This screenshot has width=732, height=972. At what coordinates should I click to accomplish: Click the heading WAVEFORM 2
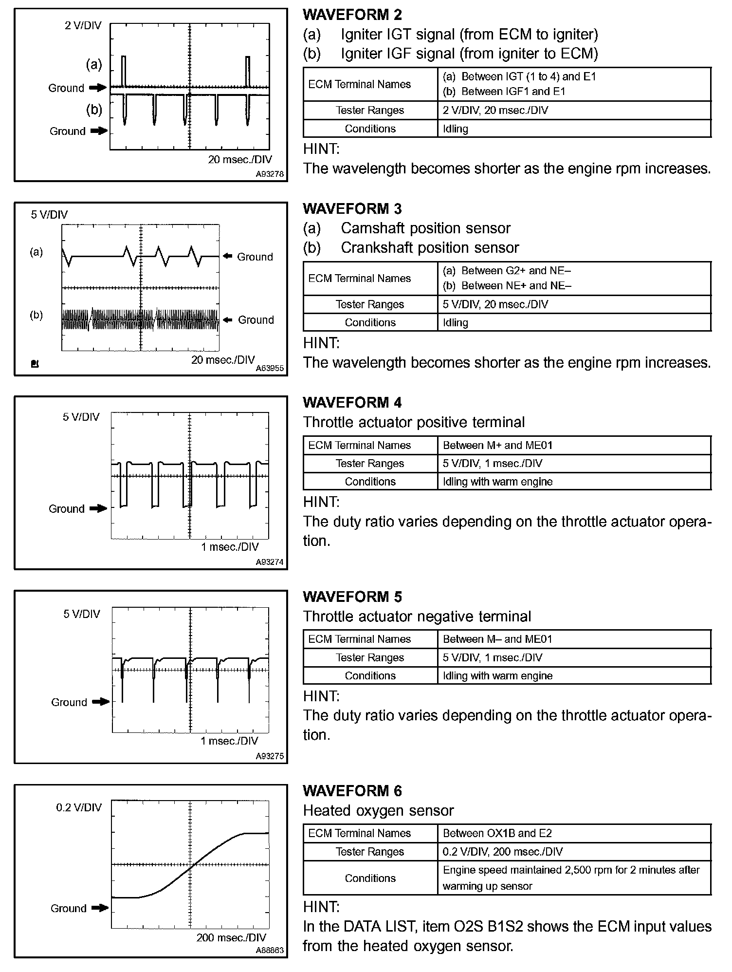point(352,15)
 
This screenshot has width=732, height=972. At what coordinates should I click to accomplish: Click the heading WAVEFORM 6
point(352,791)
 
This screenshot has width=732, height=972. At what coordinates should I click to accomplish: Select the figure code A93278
point(270,174)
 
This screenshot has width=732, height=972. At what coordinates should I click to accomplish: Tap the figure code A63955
point(270,368)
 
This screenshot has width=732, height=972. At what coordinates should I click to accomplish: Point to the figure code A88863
point(270,950)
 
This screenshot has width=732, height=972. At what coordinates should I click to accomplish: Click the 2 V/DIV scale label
point(83,26)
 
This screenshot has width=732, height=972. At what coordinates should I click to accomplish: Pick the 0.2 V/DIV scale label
point(79,807)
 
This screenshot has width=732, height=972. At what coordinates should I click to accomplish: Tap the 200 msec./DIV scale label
point(231,937)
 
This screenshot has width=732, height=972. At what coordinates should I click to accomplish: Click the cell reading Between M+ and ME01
point(497,445)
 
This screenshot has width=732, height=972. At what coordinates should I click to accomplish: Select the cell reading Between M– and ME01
point(497,639)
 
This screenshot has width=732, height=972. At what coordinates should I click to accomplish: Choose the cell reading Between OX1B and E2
point(497,833)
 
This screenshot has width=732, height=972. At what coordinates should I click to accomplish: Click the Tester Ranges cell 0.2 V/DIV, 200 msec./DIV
point(502,852)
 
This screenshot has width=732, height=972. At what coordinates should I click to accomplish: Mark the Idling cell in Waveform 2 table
point(456,129)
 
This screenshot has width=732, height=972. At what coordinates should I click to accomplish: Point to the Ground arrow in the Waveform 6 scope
point(100,908)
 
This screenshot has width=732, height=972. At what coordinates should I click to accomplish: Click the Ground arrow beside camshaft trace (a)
point(227,256)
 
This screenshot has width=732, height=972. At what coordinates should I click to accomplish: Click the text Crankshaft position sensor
point(430,248)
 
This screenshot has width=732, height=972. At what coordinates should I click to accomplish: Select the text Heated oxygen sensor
point(378,810)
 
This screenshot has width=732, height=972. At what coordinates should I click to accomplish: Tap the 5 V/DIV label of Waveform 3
point(50,215)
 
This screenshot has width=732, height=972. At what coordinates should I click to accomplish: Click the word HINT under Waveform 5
point(321,696)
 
